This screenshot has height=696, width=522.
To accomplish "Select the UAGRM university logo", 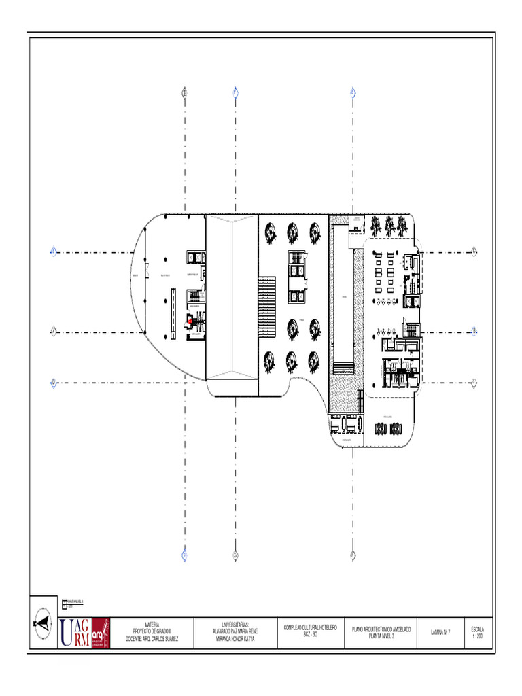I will pos(74,633).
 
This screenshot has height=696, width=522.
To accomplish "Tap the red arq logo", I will pos(100,633).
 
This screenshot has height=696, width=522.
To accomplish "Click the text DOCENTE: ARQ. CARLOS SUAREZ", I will pos(152,640).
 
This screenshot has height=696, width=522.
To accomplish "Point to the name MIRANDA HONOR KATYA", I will pos(236,640).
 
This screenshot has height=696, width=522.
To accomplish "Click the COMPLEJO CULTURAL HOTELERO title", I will pos(311,627).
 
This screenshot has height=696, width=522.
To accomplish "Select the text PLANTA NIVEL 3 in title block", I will pos(381,636).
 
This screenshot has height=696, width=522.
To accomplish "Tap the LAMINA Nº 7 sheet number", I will pos(440,633).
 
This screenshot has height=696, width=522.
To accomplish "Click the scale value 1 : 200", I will pos(477,636).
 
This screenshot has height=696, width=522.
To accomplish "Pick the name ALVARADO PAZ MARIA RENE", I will pos(236,631).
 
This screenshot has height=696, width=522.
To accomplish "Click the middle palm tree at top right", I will pos(389,225).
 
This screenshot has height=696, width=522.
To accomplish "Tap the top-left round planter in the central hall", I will pos(271,233).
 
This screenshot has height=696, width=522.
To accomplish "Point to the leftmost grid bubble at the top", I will pos(184,92).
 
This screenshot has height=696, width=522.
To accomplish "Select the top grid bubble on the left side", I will pos(52,251).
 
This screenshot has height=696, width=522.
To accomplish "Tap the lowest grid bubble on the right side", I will pos(474,381).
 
